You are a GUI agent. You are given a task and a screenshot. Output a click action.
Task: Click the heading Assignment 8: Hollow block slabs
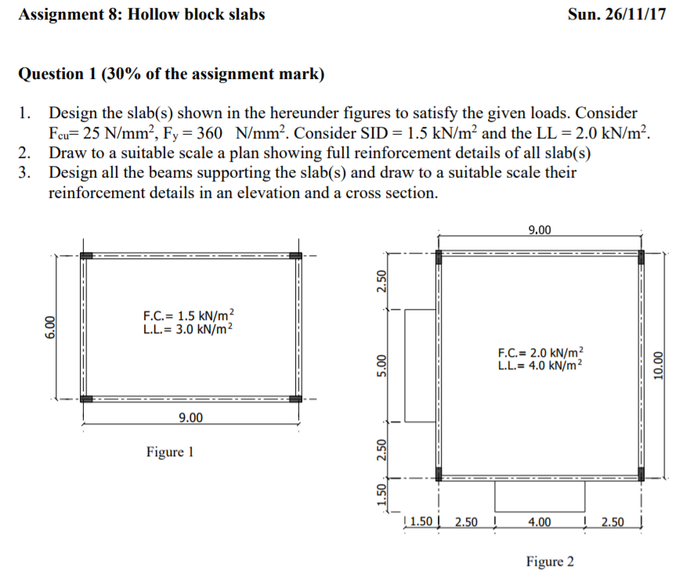tap(141, 15)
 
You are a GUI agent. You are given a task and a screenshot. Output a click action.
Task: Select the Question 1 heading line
tap(170, 74)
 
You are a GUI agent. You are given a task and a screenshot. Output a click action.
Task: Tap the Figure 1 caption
tap(169, 451)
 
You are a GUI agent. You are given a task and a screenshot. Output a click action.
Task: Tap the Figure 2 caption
tap(550, 561)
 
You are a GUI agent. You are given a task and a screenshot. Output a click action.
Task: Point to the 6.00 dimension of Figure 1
tap(51, 328)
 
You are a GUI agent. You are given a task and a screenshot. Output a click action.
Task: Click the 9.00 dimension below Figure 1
tap(190, 418)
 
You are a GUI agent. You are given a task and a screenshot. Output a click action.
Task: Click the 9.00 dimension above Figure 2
tap(540, 229)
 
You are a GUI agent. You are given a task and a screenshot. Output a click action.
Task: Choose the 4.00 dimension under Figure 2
tap(540, 522)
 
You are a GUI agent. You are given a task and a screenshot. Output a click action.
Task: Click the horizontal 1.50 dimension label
tap(421, 522)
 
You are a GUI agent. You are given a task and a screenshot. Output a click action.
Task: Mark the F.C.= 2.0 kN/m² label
tap(541, 353)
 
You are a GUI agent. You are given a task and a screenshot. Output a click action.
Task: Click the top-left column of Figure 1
tap(86, 256)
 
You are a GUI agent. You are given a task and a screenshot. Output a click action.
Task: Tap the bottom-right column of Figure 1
tap(294, 398)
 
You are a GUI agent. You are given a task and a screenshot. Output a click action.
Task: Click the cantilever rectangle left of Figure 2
tap(421, 365)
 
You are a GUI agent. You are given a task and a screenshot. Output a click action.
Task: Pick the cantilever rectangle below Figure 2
tap(540, 495)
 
